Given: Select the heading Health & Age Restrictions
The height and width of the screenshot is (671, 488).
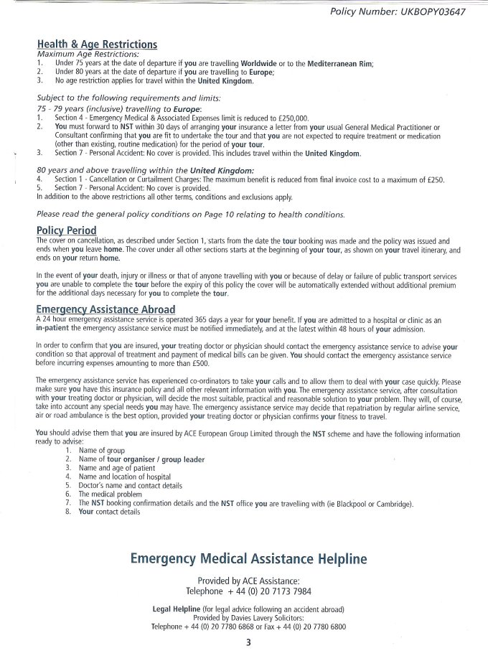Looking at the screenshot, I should tap(97, 44).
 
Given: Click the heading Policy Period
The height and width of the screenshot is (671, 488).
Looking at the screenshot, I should tap(66, 230).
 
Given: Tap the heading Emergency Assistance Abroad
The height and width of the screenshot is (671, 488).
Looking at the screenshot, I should tap(105, 309).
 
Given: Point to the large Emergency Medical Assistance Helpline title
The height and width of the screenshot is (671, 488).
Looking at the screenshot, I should tap(248, 558).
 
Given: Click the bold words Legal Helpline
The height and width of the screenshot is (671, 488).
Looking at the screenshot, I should tap(177, 609).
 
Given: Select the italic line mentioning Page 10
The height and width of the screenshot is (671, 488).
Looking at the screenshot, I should tap(190, 215).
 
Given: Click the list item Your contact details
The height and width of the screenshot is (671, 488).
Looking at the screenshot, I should tap(108, 512).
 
